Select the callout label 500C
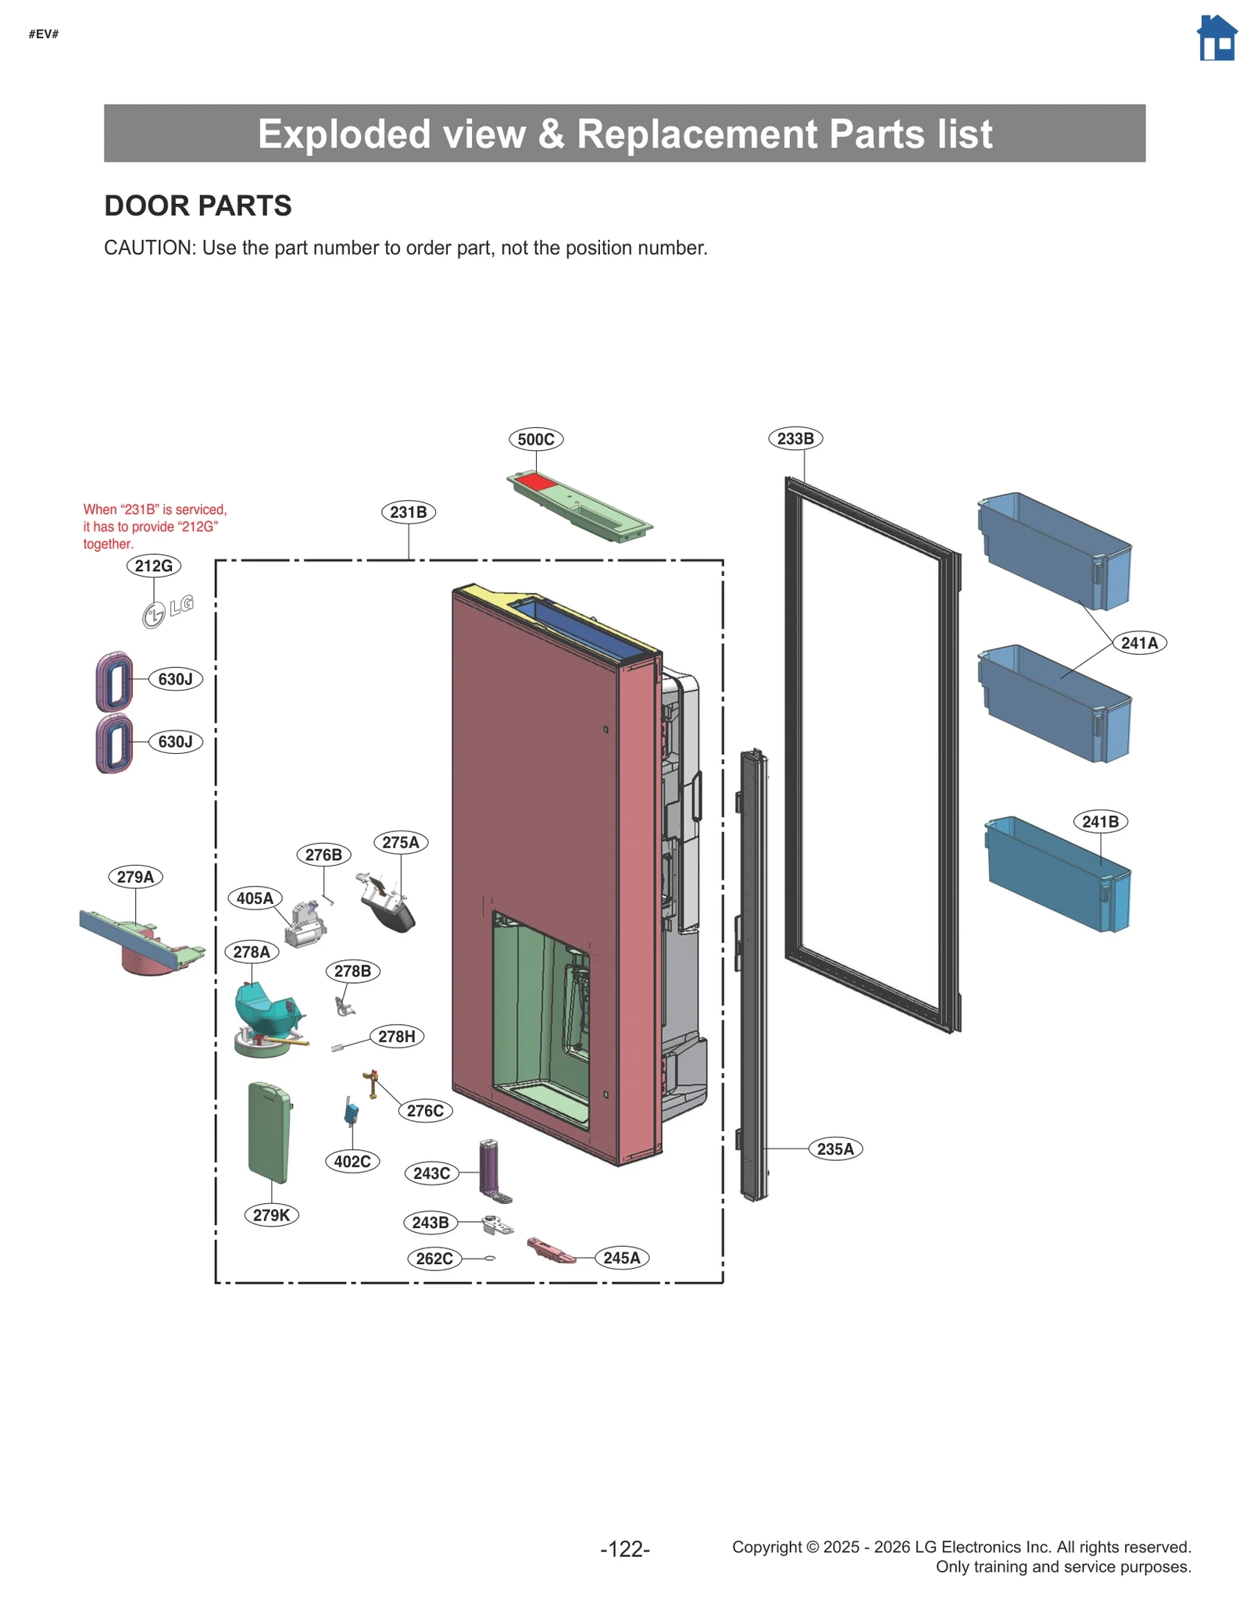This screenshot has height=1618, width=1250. (x=536, y=439)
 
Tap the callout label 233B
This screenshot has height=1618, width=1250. (x=795, y=438)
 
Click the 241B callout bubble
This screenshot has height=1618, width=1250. (x=1100, y=822)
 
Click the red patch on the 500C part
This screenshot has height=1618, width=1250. (x=536, y=482)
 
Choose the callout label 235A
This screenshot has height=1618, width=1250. (x=835, y=1148)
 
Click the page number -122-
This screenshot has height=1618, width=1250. (x=624, y=1548)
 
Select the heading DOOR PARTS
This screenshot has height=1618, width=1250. (x=198, y=205)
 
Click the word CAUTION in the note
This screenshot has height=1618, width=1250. (x=148, y=248)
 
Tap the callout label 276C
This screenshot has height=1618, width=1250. (x=425, y=1110)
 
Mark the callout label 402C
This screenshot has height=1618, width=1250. (x=352, y=1161)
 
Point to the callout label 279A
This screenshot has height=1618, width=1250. (x=135, y=877)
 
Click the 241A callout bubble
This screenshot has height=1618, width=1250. (x=1139, y=643)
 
